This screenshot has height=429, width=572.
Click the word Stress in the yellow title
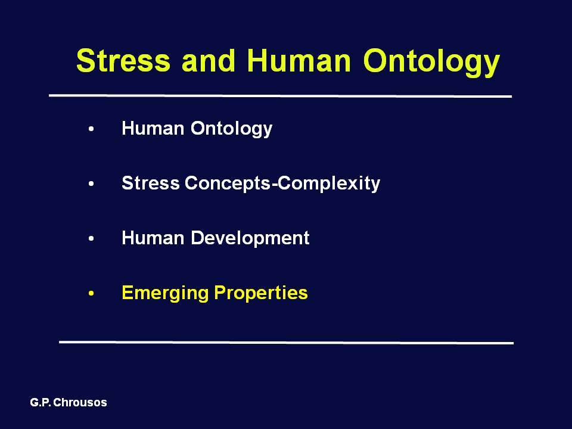pos(123,60)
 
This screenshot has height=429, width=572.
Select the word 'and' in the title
pos(209,60)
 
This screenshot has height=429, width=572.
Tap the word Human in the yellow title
pos(299,60)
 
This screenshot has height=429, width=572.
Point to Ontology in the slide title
pos(431,63)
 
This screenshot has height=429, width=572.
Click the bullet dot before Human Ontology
pos(91,129)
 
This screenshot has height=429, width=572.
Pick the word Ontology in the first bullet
pos(232,129)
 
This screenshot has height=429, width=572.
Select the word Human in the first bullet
pos(153,128)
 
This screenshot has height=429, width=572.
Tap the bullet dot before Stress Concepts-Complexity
pos(91,184)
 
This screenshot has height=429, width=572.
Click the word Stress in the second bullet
pos(151,183)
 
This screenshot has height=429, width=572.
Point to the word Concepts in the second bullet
pos(228,184)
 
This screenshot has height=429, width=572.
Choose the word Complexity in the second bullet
pos(329,184)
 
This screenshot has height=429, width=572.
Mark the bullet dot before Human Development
pos(91,238)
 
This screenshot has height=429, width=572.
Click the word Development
pos(250,238)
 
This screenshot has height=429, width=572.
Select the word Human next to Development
pos(153,238)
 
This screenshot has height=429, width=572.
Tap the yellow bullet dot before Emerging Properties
pos(91,293)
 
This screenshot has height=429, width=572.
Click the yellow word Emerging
pos(165,293)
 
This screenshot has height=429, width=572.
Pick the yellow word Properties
pos(261,293)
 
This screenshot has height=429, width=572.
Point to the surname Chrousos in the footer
pos(80,402)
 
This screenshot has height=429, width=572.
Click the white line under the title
pos(281,96)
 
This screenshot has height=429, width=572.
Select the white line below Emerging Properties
pos(287,343)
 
